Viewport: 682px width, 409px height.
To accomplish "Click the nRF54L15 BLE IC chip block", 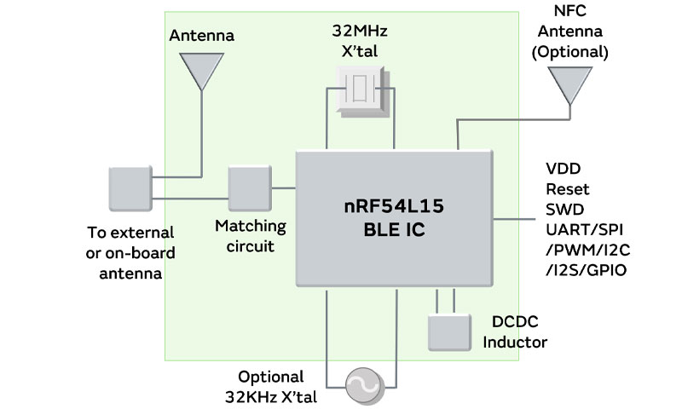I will [394, 218].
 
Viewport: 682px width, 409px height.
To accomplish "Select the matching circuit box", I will [249, 188].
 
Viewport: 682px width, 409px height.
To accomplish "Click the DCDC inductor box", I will [449, 331].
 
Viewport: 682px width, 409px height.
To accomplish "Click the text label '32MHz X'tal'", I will [360, 39].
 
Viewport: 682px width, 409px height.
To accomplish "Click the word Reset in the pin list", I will [567, 189].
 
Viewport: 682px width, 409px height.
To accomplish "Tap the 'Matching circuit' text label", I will [251, 237].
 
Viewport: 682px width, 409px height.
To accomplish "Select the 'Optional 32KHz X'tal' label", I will [271, 385].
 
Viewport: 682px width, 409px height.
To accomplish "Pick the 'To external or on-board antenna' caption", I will [130, 252].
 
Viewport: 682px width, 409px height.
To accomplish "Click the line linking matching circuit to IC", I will [282, 188].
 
